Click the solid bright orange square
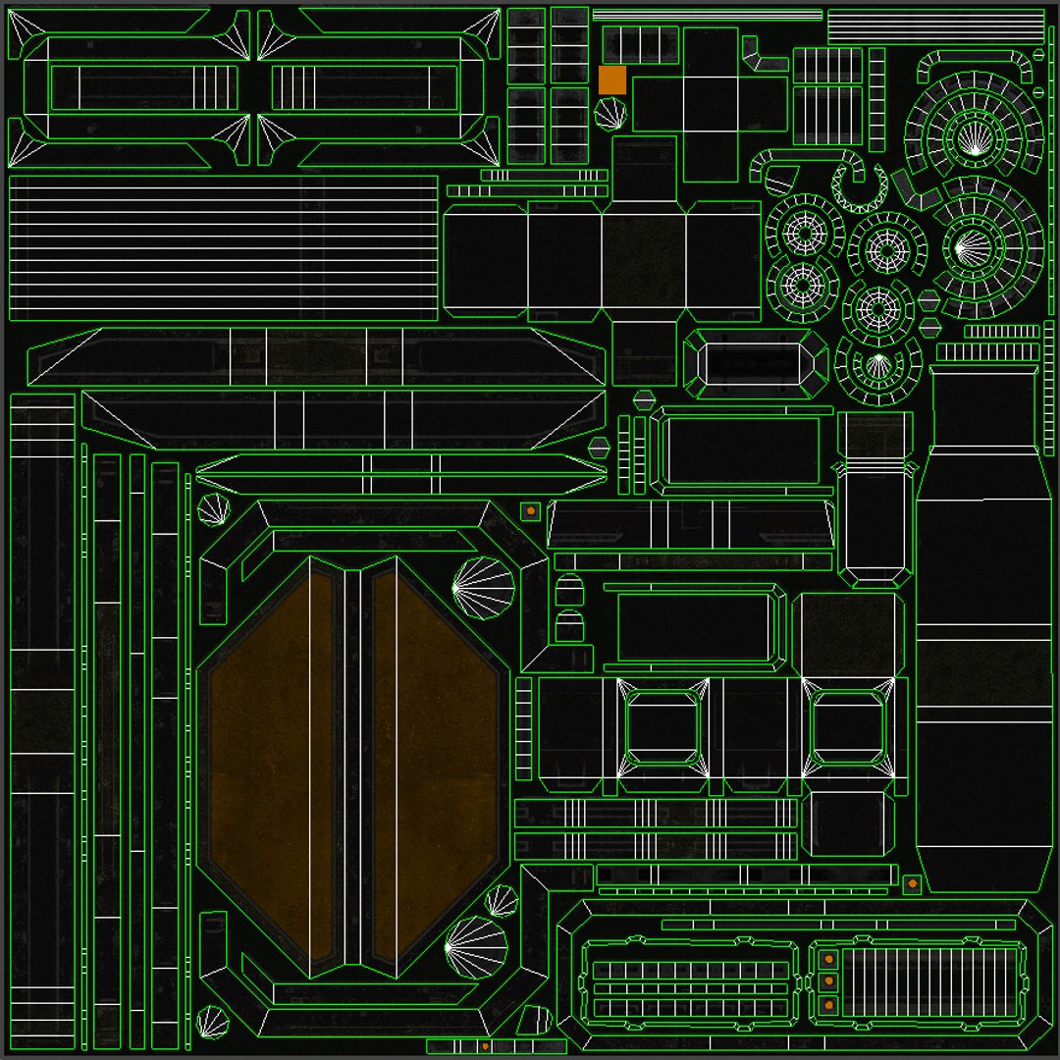point(612,80)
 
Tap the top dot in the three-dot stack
point(829,958)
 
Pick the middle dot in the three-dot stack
point(829,980)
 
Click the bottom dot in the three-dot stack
point(829,1004)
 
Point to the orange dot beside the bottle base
point(913,883)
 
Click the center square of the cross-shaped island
point(710,103)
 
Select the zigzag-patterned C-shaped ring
point(861,187)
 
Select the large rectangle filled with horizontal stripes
point(224,248)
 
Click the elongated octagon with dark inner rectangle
point(755,364)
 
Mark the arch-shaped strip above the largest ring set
point(976,66)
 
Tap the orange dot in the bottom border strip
point(486,1047)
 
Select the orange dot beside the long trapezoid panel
point(531,510)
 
